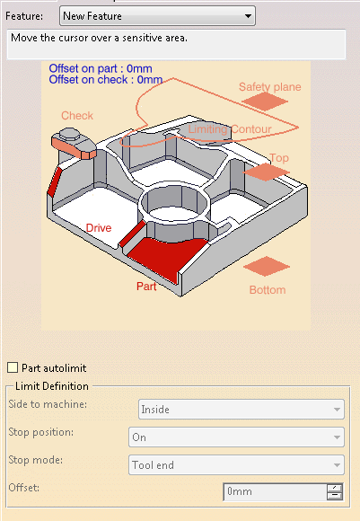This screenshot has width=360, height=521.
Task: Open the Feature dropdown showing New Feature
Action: [157, 16]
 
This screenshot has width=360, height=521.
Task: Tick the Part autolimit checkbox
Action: [13, 367]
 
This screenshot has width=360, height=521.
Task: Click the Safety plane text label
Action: [269, 87]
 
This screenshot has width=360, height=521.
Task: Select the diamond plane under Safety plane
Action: [265, 102]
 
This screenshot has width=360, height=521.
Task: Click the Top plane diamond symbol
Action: [266, 172]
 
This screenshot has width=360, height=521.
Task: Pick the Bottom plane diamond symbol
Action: [267, 266]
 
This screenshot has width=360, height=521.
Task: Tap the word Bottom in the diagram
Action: [268, 290]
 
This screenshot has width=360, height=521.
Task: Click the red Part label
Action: [146, 286]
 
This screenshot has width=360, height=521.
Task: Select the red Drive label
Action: [99, 228]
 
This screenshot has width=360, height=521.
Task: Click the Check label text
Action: [77, 116]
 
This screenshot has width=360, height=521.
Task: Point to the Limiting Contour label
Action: [230, 129]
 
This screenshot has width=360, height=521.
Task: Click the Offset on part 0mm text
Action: [101, 68]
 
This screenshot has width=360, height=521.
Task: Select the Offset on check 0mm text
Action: [106, 80]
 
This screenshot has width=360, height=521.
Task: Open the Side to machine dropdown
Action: [241, 409]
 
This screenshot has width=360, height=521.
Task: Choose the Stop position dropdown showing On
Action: [236, 437]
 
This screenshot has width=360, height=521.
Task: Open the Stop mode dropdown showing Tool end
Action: [236, 464]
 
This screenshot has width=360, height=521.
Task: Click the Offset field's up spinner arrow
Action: [335, 488]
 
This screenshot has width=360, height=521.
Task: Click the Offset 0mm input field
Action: [276, 491]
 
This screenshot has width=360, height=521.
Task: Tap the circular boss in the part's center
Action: [174, 203]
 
